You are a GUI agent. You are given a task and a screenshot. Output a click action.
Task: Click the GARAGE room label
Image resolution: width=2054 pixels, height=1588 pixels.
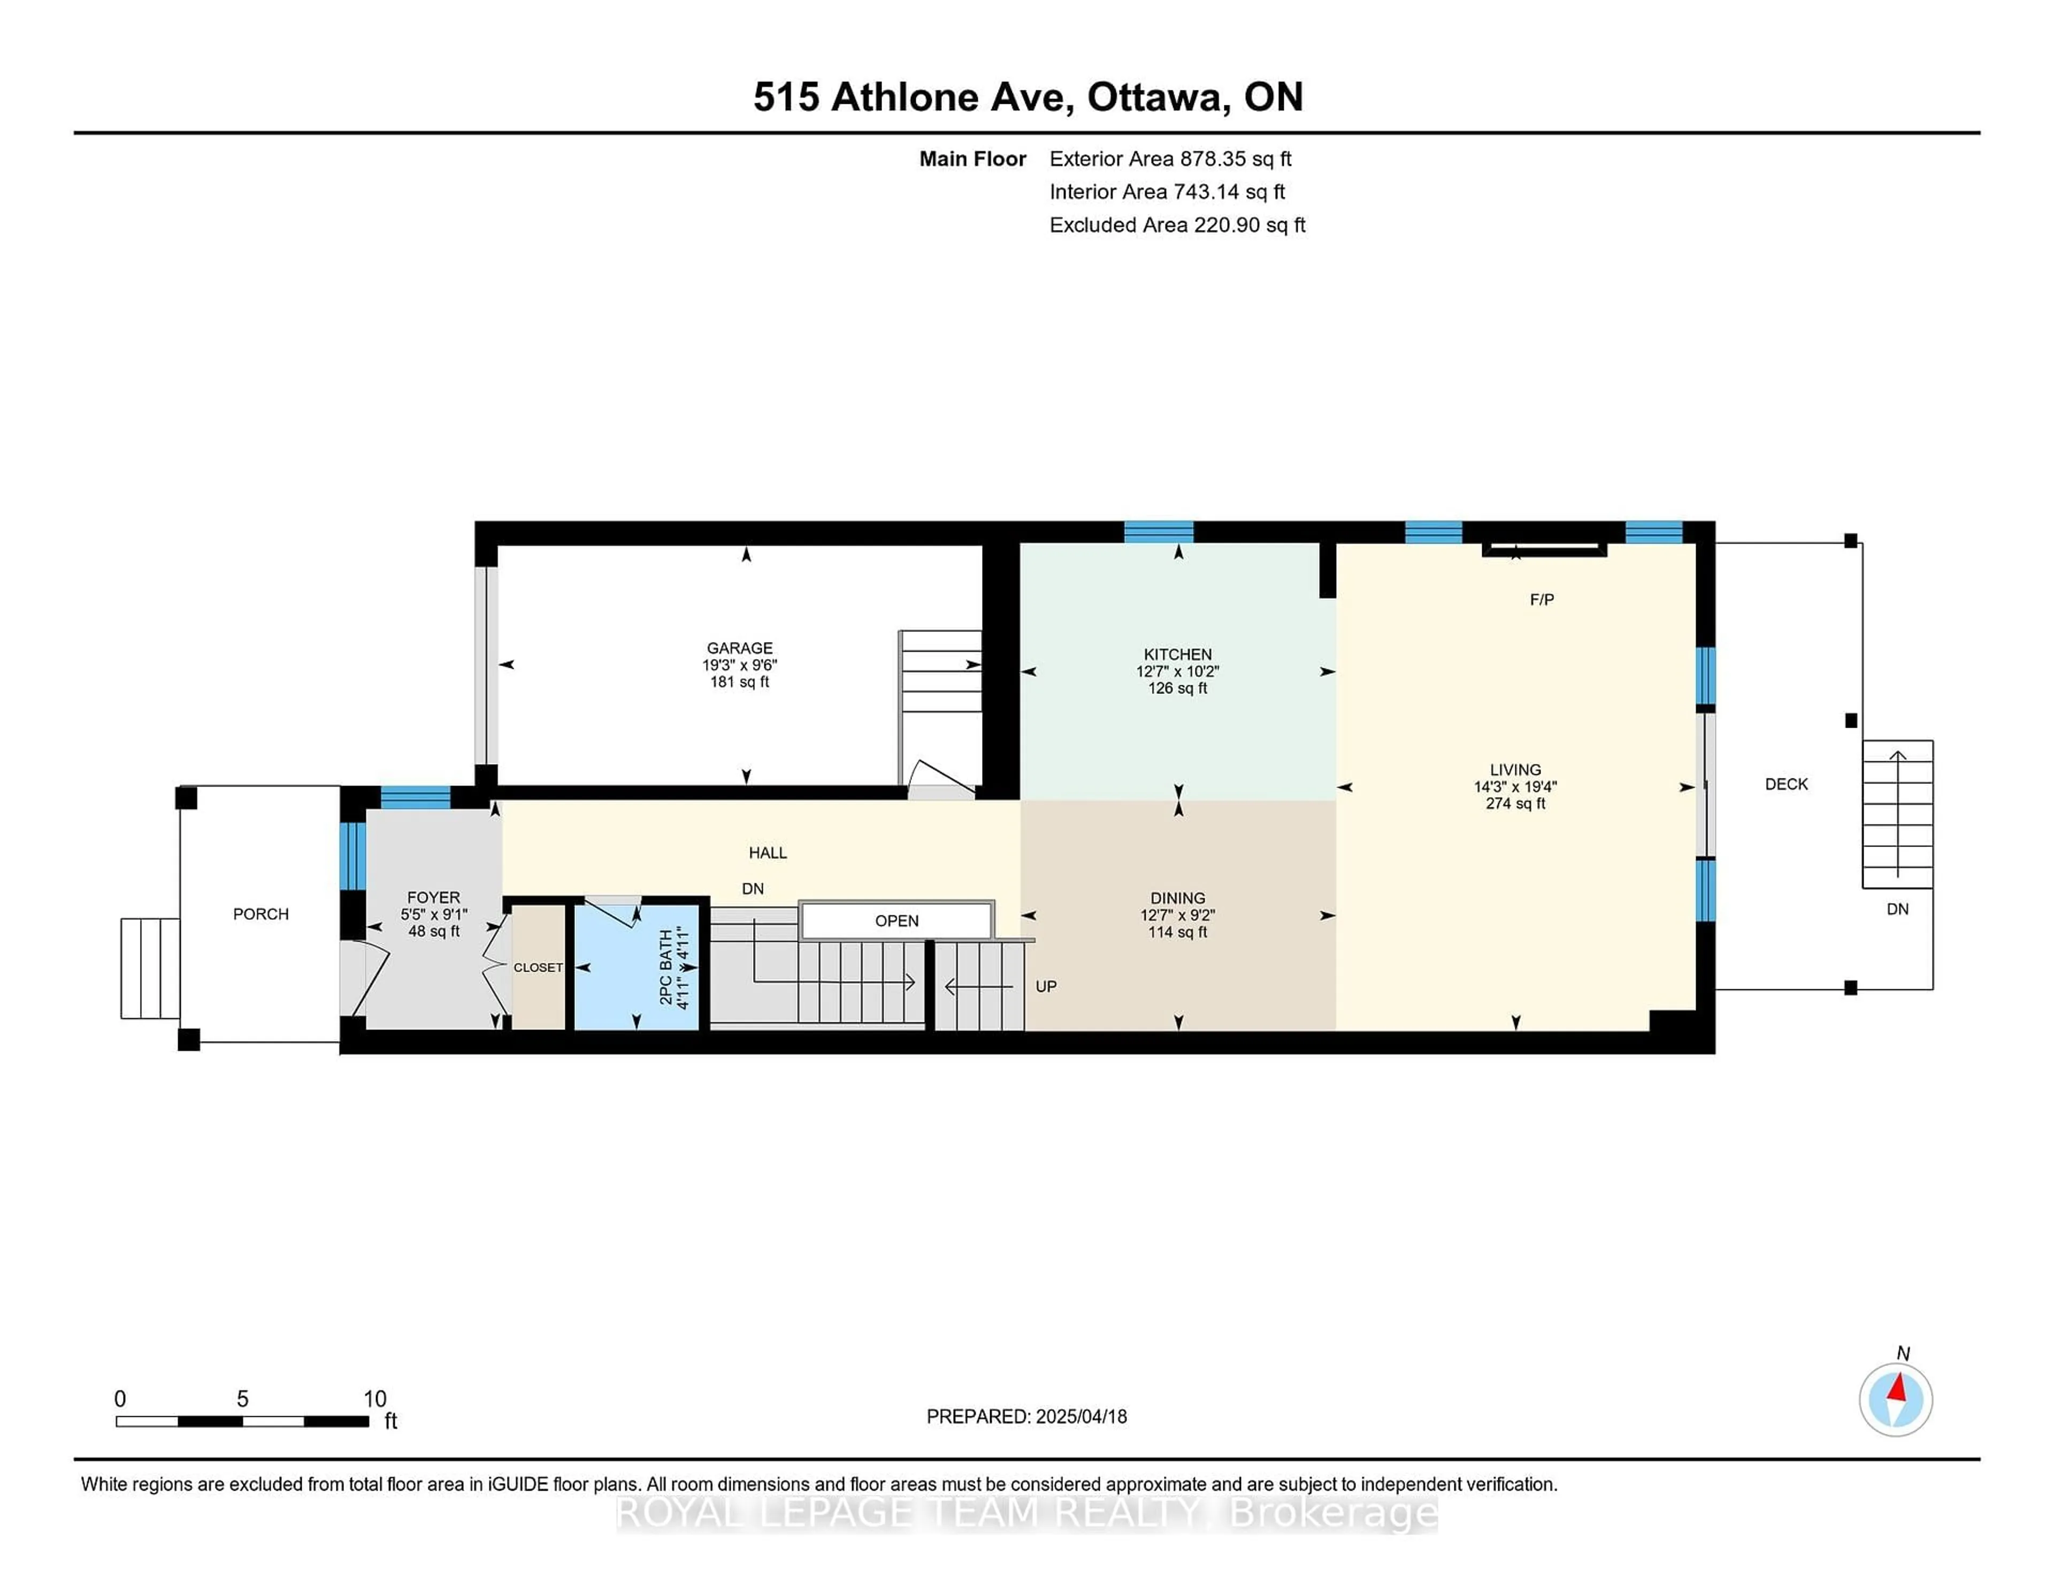pos(740,648)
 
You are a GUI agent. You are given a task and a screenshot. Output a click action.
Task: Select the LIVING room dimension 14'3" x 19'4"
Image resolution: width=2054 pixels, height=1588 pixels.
pos(1515,787)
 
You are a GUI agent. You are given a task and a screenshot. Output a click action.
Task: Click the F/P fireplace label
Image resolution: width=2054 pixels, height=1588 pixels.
pos(1542,599)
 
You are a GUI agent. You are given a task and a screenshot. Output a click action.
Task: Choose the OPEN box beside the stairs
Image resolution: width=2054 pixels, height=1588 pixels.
pos(896,920)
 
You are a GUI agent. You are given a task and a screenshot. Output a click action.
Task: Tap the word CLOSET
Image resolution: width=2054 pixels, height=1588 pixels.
pos(538,967)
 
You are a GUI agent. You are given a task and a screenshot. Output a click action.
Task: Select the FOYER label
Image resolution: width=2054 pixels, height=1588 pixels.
pos(434,897)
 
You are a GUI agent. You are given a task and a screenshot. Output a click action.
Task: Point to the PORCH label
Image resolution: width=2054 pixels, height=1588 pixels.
pos(260,913)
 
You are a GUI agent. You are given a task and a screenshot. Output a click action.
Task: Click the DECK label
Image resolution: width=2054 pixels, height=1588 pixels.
pos(1786,784)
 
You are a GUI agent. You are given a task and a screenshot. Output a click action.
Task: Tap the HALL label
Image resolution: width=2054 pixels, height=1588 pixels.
pos(768,852)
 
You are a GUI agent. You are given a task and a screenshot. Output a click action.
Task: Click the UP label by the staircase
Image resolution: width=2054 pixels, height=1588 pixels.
pos(1046,986)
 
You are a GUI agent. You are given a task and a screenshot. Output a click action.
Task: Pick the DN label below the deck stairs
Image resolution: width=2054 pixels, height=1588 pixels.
pos(1897,909)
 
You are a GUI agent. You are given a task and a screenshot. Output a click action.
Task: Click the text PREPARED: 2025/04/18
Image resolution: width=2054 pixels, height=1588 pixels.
pos(1026,1416)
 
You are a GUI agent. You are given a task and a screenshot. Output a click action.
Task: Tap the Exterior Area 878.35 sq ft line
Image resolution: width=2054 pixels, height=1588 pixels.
pos(1171,159)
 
